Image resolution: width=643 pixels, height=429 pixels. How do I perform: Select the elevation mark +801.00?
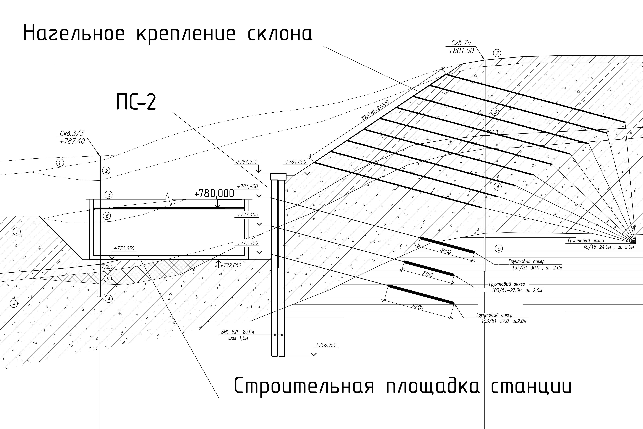[x=461, y=51]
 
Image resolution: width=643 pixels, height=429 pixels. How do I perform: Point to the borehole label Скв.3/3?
[x=72, y=134]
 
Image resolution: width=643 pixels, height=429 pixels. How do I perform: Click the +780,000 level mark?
[x=214, y=193]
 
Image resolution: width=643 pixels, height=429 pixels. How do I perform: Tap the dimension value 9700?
[x=418, y=307]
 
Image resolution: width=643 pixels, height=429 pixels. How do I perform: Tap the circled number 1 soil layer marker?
[x=60, y=163]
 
